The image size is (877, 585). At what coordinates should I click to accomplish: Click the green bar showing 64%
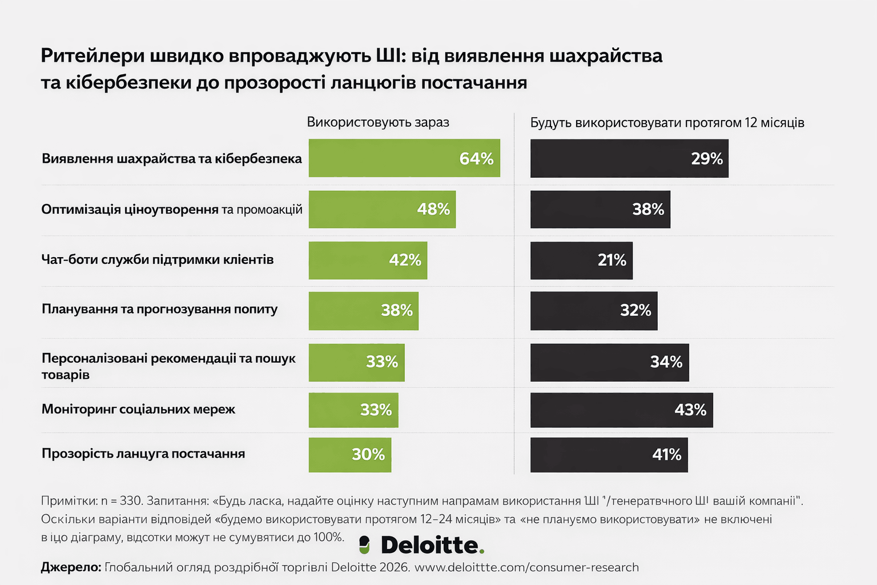pos(404,158)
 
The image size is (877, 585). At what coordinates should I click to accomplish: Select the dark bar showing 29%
pos(629,158)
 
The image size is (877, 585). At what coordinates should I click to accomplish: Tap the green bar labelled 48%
pos(382,209)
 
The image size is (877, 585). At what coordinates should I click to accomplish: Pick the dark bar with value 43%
pos(621,410)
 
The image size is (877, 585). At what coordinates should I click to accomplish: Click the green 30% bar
pos(350,455)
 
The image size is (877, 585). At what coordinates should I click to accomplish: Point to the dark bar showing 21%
pos(581,261)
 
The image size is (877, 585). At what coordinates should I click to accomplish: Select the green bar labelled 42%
pos(368,261)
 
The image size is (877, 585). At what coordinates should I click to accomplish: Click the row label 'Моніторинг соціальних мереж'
pos(138,409)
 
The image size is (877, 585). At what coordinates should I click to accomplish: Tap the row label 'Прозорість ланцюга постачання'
pos(143,454)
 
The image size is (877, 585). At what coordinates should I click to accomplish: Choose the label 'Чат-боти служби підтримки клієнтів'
pos(158,259)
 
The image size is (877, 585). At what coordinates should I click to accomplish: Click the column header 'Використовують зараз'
pos(378,122)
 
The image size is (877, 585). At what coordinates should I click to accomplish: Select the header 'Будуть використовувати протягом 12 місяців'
pos(667,123)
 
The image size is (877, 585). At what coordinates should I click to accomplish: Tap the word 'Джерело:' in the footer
pos(71,567)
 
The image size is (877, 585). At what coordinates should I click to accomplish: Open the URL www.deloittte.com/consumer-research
pos(526,567)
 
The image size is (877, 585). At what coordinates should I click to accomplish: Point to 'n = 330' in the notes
pos(121,501)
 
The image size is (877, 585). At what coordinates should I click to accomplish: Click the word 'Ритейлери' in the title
pos(92,56)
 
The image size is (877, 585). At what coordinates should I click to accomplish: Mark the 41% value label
pos(667,455)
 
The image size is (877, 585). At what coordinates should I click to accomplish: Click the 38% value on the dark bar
pos(648,209)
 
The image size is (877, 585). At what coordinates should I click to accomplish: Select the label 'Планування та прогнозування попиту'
pos(159,309)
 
